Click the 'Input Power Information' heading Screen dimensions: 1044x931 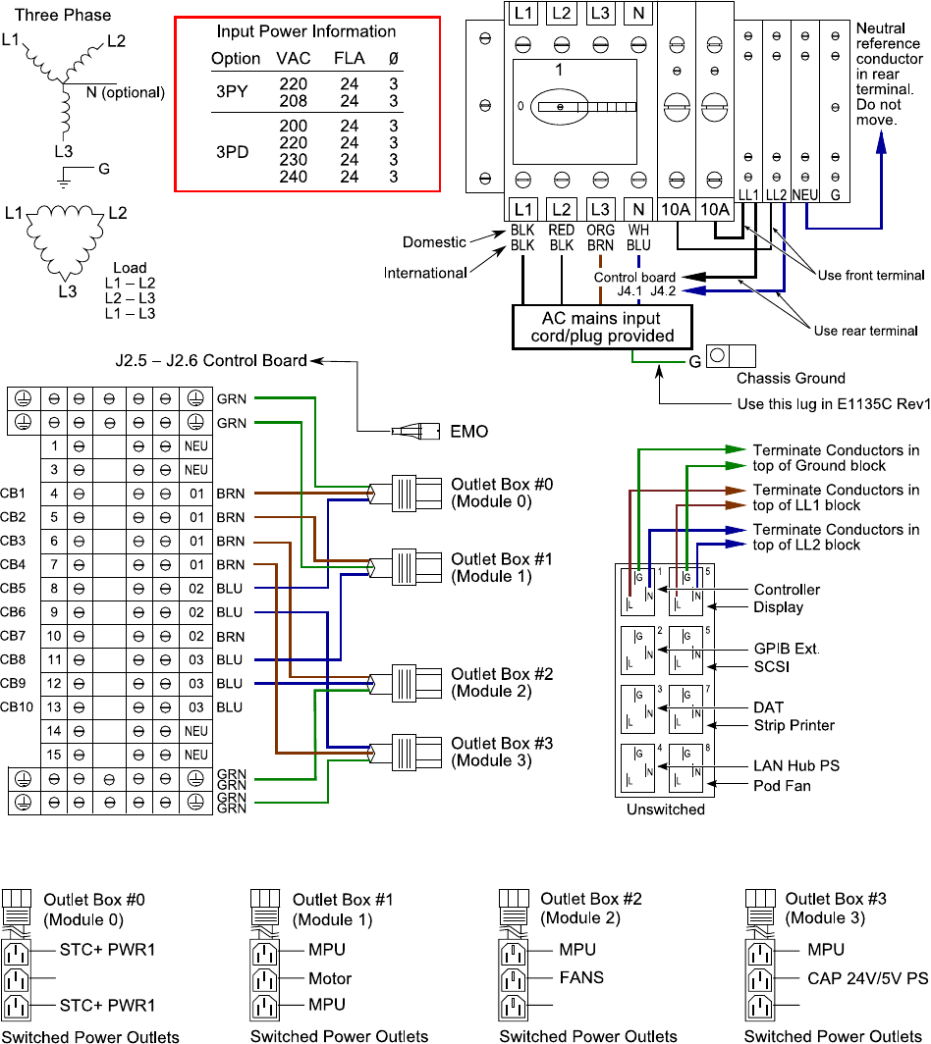click(306, 31)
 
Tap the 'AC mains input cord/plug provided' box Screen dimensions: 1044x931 click(602, 327)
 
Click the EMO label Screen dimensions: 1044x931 click(467, 431)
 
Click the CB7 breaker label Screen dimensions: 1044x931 click(14, 635)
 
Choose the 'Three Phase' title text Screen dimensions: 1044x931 click(63, 15)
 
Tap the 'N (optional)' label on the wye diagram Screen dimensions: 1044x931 click(119, 92)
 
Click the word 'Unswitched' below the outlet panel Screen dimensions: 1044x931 click(666, 809)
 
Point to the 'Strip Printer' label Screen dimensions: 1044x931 click(794, 725)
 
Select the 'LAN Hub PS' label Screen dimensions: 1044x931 click(796, 765)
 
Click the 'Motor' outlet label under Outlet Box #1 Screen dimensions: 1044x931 click(330, 978)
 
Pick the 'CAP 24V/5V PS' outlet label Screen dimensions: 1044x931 click(854, 977)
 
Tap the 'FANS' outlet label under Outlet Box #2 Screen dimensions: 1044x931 click(581, 977)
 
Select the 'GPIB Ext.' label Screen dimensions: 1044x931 click(787, 650)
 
